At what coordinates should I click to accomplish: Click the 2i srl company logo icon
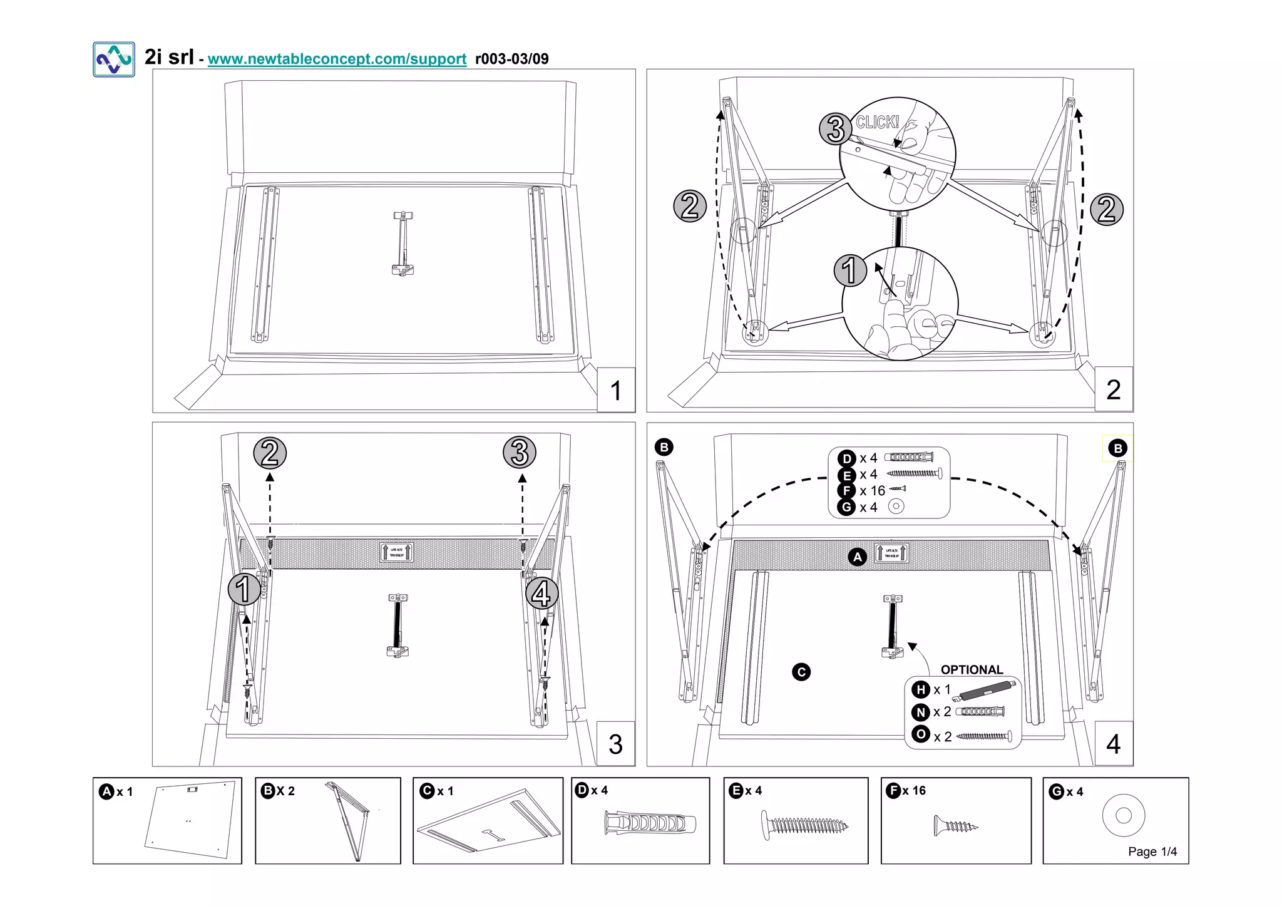pyautogui.click(x=114, y=59)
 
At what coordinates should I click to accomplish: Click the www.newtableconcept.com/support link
pyautogui.click(x=337, y=59)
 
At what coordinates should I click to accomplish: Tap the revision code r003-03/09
pyautogui.click(x=511, y=59)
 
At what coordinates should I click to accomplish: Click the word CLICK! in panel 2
pyautogui.click(x=877, y=122)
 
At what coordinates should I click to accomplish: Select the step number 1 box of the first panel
pyautogui.click(x=616, y=390)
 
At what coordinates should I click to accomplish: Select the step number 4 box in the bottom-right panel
pyautogui.click(x=1113, y=744)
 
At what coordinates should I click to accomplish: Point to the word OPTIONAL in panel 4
pyautogui.click(x=972, y=669)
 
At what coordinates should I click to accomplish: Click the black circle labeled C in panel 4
pyautogui.click(x=801, y=672)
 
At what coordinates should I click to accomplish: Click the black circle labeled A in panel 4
pyautogui.click(x=857, y=557)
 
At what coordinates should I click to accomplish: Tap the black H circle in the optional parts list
pyautogui.click(x=920, y=689)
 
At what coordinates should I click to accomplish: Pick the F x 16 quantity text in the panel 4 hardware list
pyautogui.click(x=872, y=491)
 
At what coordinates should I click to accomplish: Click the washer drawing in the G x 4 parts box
pyautogui.click(x=1123, y=815)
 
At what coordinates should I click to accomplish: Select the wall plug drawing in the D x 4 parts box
pyautogui.click(x=650, y=823)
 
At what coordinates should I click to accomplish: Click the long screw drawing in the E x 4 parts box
pyautogui.click(x=804, y=825)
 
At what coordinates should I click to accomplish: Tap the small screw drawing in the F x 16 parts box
pyautogui.click(x=955, y=826)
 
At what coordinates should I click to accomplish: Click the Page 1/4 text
pyautogui.click(x=1152, y=852)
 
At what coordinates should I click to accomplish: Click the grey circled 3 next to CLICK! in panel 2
pyautogui.click(x=836, y=129)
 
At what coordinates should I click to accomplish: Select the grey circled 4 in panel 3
pyautogui.click(x=541, y=594)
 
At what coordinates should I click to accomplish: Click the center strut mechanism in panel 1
pyautogui.click(x=403, y=244)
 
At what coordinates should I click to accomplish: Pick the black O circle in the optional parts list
pyautogui.click(x=920, y=734)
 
